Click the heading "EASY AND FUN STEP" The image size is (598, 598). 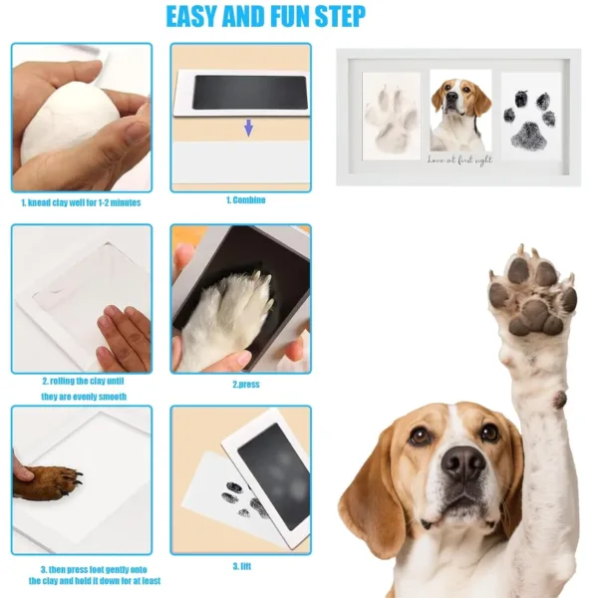[x=265, y=17]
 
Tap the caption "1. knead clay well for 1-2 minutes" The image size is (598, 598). [x=82, y=202]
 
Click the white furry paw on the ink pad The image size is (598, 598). [x=224, y=319]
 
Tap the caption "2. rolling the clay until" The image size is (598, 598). [x=82, y=381]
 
